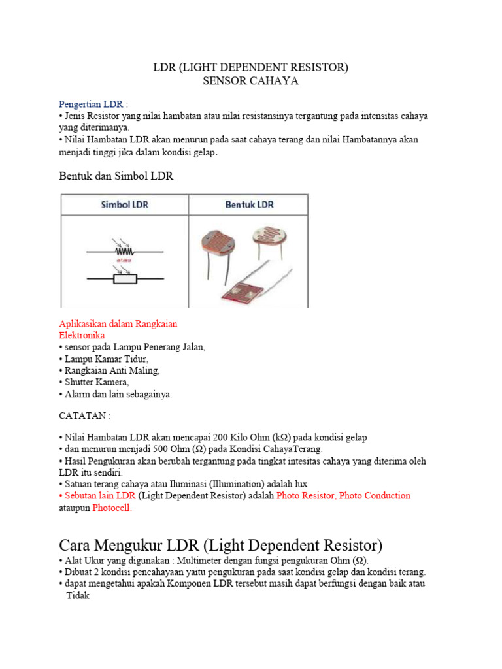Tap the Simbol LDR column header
tap(124, 204)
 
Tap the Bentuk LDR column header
tap(249, 204)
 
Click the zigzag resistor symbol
tap(124, 250)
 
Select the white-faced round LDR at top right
tap(269, 232)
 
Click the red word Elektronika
tap(82, 335)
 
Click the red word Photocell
tap(112, 507)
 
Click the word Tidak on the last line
tap(78, 596)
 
